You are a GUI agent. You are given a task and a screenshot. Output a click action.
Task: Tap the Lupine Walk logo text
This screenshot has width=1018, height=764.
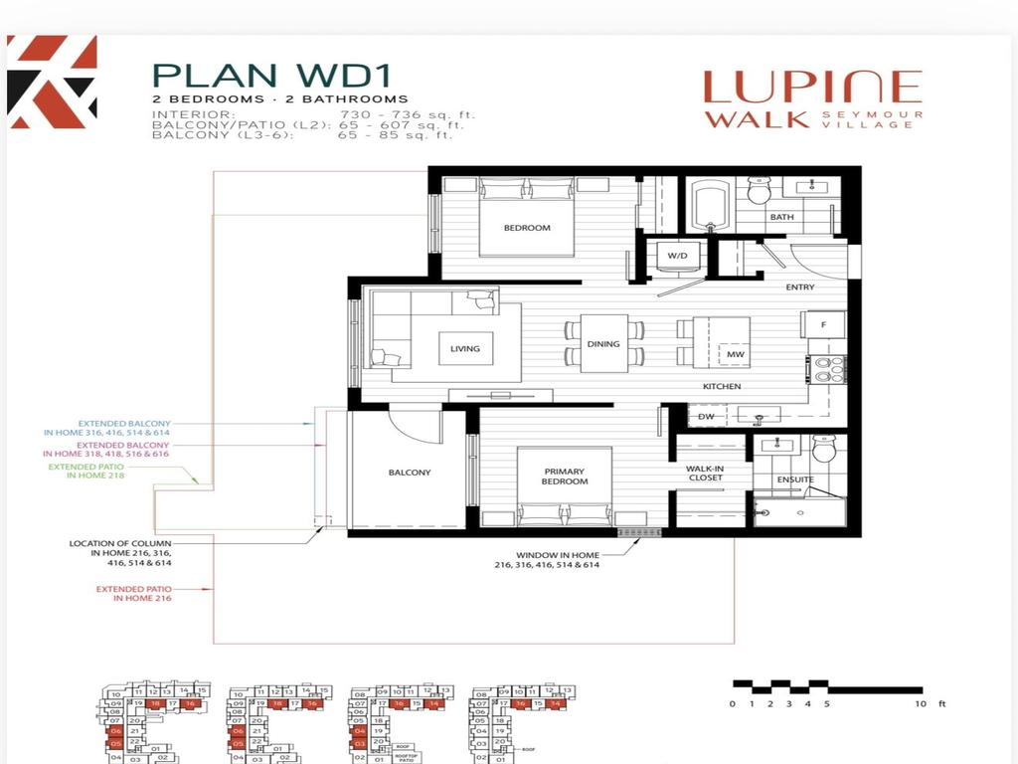(812, 100)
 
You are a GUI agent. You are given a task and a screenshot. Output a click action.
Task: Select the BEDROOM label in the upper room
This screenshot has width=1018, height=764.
(526, 228)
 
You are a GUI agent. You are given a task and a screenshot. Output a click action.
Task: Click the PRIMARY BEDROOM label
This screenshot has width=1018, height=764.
(565, 477)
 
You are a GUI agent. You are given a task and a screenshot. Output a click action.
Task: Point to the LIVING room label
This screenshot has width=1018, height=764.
(464, 348)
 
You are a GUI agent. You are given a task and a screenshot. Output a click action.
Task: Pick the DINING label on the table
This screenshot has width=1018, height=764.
(602, 344)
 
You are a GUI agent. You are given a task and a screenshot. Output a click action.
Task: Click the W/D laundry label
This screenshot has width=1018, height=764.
(677, 256)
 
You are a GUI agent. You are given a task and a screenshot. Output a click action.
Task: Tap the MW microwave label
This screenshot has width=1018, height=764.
(736, 354)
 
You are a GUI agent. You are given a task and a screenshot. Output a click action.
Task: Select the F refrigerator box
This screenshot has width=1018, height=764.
(824, 324)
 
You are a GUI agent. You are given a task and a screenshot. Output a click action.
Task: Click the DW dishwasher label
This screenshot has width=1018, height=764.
(706, 417)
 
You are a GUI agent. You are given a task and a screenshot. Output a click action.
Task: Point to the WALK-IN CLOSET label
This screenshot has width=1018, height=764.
(705, 473)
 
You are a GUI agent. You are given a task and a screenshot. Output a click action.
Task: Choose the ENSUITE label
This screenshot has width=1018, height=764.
(795, 479)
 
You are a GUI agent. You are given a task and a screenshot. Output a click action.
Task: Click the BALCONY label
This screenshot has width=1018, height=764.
(409, 473)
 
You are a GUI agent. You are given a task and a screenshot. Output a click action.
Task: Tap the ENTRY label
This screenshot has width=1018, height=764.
(799, 287)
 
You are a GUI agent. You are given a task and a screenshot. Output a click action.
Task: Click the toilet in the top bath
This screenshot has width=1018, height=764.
(760, 189)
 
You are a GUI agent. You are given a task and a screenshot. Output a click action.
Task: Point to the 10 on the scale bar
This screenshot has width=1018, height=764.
(920, 704)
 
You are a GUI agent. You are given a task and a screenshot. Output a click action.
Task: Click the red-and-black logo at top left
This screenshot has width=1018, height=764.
(52, 82)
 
